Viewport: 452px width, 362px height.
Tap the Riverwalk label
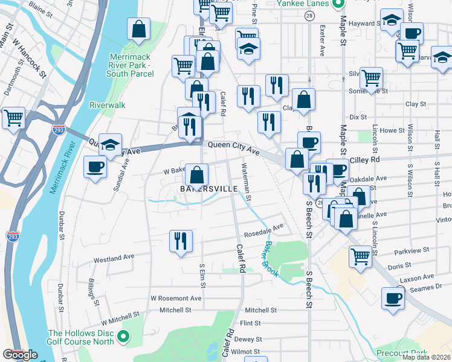tap(107, 105)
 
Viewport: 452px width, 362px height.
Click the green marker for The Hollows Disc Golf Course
tap(124, 337)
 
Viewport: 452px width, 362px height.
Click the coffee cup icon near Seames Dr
tap(392, 298)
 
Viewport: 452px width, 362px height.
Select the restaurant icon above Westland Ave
tap(180, 241)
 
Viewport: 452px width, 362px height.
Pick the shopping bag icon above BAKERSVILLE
tap(196, 176)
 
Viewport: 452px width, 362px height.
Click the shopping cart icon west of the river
tap(13, 118)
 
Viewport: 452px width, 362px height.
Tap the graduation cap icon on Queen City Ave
tap(109, 144)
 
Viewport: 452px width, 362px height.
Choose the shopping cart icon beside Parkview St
tap(360, 256)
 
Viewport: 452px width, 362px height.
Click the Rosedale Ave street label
tap(263, 230)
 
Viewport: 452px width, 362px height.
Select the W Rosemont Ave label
tap(176, 298)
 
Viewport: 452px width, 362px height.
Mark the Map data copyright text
tap(427, 357)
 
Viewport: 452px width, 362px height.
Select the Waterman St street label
tap(246, 181)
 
